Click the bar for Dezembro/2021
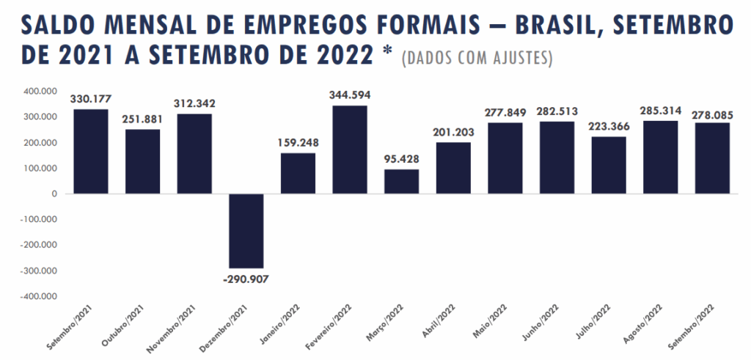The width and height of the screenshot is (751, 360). pyautogui.click(x=246, y=231)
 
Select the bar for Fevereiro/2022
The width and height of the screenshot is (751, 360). pyautogui.click(x=350, y=150)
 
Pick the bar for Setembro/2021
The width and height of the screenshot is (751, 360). pyautogui.click(x=90, y=152)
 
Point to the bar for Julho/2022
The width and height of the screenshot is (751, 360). pyautogui.click(x=609, y=165)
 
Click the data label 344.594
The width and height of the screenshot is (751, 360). pyautogui.click(x=350, y=95)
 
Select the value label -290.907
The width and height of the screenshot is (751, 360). pyautogui.click(x=246, y=278)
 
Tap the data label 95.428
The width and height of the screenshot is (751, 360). pyautogui.click(x=402, y=159)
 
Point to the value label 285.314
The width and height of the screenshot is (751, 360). pyautogui.click(x=661, y=111)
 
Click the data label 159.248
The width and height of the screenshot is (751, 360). pyautogui.click(x=298, y=142)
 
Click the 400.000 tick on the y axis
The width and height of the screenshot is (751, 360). pyautogui.click(x=40, y=92)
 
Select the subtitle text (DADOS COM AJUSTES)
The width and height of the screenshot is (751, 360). pyautogui.click(x=477, y=58)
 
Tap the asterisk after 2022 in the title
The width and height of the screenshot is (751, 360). pyautogui.click(x=388, y=53)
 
